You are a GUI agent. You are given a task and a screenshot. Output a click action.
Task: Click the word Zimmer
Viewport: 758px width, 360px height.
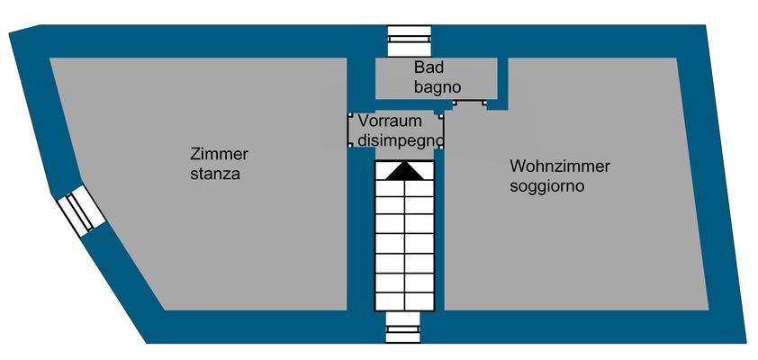[x=220, y=154]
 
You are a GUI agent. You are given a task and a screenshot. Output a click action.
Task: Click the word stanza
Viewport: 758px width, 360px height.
[x=215, y=174]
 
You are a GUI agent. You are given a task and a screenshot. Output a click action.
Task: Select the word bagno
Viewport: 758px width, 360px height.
[x=438, y=87]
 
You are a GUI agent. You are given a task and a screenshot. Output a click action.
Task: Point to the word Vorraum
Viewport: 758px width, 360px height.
[x=391, y=121]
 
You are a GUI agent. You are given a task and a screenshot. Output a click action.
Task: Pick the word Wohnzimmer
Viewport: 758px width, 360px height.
[x=560, y=166]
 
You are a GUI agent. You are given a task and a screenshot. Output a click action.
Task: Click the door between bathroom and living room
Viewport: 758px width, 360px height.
[x=469, y=103]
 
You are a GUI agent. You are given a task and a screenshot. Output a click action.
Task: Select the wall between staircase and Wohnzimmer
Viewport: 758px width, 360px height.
[x=439, y=234]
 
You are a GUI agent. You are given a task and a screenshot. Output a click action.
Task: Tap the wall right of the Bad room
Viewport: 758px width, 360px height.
[x=502, y=81]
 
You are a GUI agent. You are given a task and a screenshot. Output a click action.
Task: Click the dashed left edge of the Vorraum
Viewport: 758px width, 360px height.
[x=349, y=130]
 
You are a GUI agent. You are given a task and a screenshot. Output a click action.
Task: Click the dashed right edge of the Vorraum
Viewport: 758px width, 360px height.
[x=443, y=130]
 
